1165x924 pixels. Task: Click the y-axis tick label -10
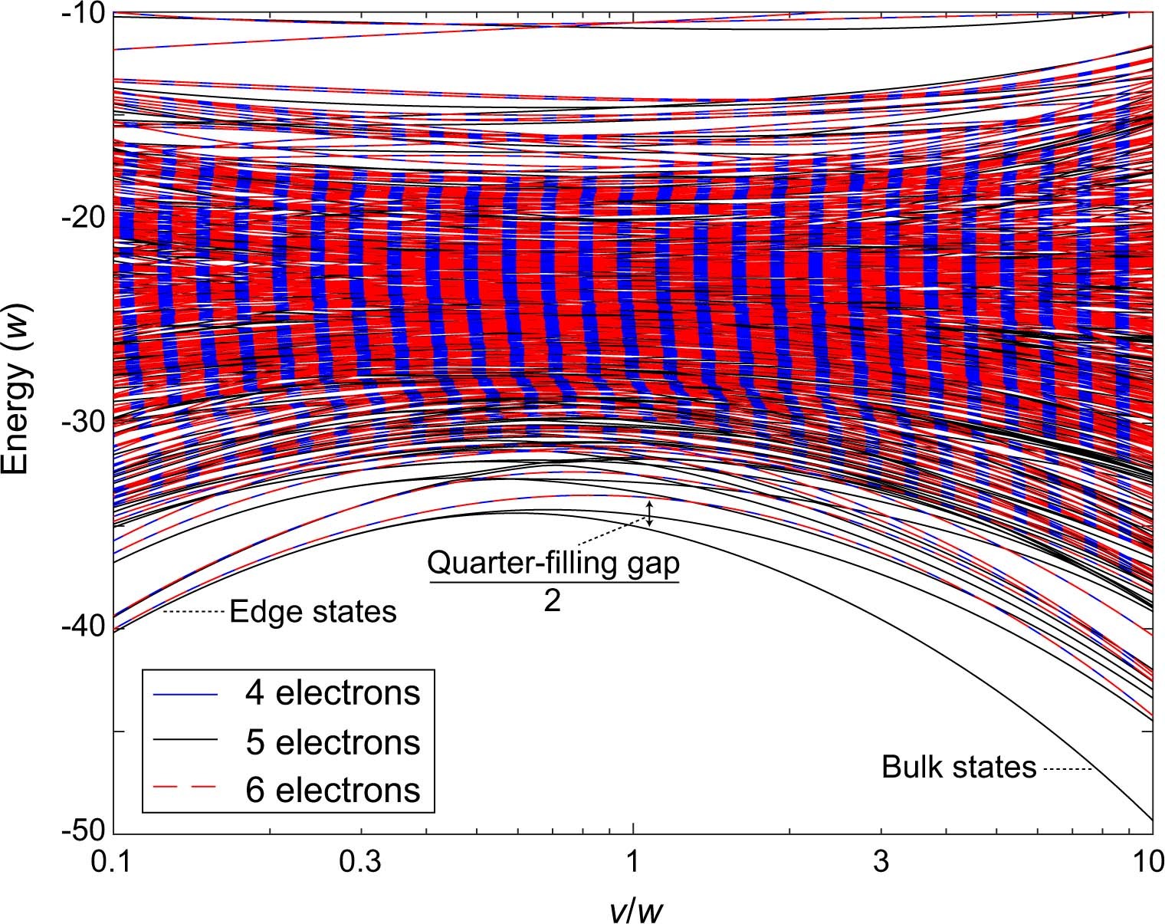(80, 14)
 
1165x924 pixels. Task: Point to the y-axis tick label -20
(80, 219)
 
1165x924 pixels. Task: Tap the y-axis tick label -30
(80, 423)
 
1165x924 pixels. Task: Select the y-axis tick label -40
(80, 628)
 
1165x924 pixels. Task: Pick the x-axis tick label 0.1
(113, 864)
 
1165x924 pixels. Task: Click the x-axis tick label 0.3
(361, 864)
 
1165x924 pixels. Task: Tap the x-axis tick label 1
(633, 864)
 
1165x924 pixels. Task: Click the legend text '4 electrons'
(333, 692)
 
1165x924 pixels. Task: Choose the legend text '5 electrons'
(333, 742)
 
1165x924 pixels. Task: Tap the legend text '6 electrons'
(333, 790)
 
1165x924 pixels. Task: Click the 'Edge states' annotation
(313, 612)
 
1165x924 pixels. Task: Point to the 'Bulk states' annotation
(958, 767)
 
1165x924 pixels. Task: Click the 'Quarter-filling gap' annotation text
(553, 564)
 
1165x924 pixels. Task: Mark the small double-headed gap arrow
(650, 514)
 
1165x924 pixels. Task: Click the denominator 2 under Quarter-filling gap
(552, 600)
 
